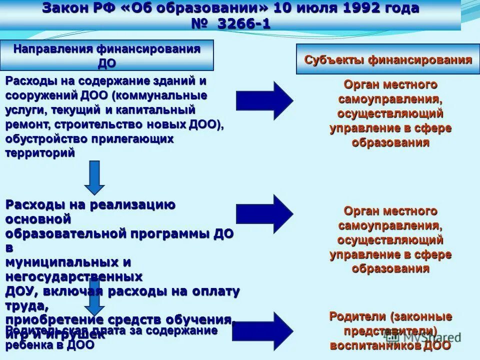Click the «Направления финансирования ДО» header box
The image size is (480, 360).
[107, 55]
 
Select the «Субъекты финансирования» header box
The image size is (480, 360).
[388, 60]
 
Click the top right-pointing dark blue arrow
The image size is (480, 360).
[264, 100]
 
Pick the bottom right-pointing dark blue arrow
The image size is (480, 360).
[263, 330]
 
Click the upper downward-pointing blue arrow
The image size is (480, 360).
[94, 177]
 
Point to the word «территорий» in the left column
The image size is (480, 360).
[40, 153]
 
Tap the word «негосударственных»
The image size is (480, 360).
[74, 276]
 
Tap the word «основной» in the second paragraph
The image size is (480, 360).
[38, 219]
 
